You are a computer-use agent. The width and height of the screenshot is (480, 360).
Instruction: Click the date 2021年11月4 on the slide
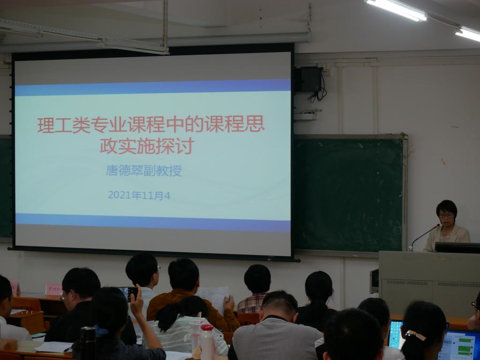[x=139, y=195]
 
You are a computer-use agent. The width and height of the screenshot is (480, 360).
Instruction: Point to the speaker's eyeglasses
[x=446, y=215]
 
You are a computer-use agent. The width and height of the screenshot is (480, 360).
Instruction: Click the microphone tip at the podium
[x=438, y=225]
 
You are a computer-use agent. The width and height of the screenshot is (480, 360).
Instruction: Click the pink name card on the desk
[x=53, y=289]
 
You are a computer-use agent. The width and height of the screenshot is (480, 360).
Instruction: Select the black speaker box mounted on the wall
[x=309, y=79]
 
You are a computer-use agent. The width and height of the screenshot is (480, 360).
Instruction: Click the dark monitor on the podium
[x=457, y=247]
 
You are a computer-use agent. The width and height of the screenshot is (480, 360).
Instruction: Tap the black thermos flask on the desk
[x=87, y=342]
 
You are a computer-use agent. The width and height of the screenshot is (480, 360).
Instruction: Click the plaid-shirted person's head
[x=257, y=279]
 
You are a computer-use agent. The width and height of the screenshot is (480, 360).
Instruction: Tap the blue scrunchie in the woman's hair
[x=100, y=331]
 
